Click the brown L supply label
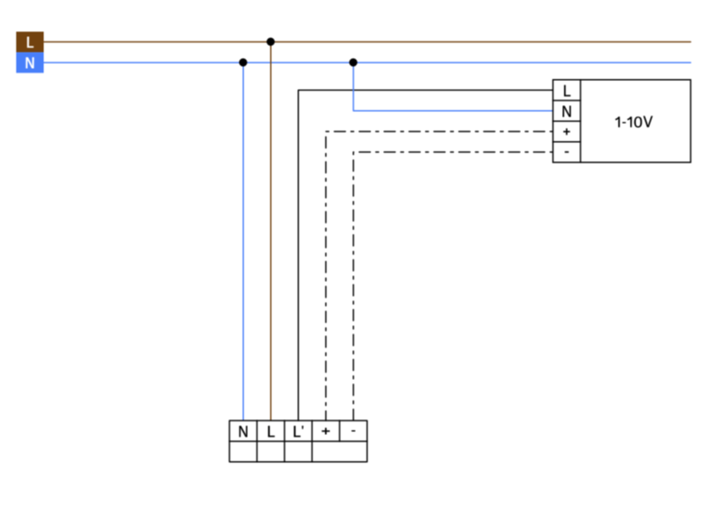tap(30, 42)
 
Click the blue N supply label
tap(30, 63)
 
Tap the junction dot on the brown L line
tap(270, 42)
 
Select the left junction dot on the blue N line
tap(243, 63)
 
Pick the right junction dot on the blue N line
tap(353, 63)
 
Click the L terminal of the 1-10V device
tap(567, 90)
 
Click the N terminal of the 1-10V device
tap(567, 111)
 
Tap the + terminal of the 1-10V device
tap(567, 132)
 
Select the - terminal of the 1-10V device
tap(567, 152)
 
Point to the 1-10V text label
tap(634, 122)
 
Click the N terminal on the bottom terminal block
tap(243, 431)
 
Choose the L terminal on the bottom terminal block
tap(271, 431)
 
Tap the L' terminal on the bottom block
tap(298, 431)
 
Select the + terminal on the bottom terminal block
tap(326, 431)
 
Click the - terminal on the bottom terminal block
tap(353, 431)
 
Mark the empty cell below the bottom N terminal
tap(243, 452)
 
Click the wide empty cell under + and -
tap(340, 452)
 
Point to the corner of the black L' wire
tap(298, 90)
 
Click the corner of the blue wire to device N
tap(353, 111)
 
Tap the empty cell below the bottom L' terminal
tap(298, 452)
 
